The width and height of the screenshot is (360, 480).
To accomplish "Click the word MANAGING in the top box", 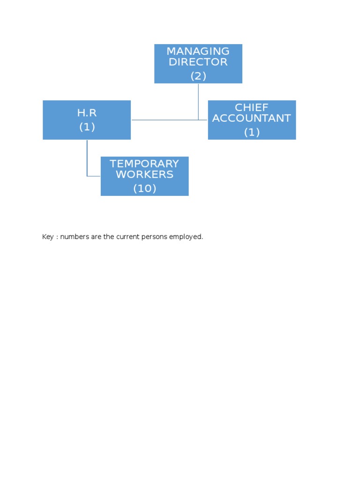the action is pos(198,51).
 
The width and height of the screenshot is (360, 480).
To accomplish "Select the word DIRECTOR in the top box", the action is pos(198,62).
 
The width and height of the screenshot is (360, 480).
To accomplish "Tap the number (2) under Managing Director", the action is pos(198,76).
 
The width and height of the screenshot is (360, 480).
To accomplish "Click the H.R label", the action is pos(87,113).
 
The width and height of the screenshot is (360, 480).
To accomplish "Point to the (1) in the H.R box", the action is pos(87,127).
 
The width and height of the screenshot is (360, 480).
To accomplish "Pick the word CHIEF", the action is pos(252,107).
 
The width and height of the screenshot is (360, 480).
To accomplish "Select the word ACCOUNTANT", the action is pos(252,118).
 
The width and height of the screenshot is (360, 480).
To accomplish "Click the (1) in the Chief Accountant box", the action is pos(252,132).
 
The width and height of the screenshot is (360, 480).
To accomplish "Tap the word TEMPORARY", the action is pos(144,164).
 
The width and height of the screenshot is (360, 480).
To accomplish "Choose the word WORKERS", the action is pos(144,174).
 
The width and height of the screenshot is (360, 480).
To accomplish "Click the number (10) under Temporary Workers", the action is pos(144,188).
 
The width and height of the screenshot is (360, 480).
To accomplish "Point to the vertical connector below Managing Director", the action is pos(198,101).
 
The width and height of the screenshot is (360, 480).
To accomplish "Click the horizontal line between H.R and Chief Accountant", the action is pos(164,120).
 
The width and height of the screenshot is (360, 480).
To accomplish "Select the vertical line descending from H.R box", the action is pos(87,157).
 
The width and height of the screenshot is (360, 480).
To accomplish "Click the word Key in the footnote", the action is pos(48,237).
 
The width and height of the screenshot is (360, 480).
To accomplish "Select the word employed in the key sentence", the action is pos(186,237).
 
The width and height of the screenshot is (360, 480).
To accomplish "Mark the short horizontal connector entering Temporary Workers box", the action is pos(94,176).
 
